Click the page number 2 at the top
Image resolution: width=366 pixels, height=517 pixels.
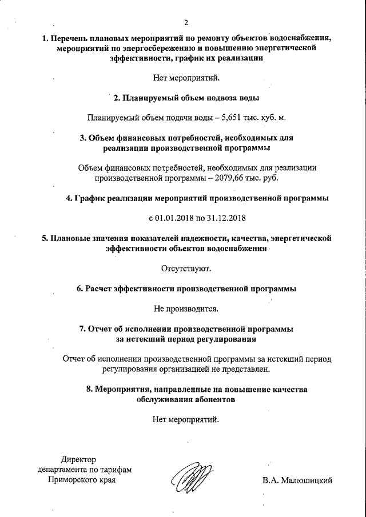(186, 22)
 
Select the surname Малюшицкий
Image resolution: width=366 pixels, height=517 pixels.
(305, 480)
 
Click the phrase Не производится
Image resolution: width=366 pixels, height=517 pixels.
(186, 308)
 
